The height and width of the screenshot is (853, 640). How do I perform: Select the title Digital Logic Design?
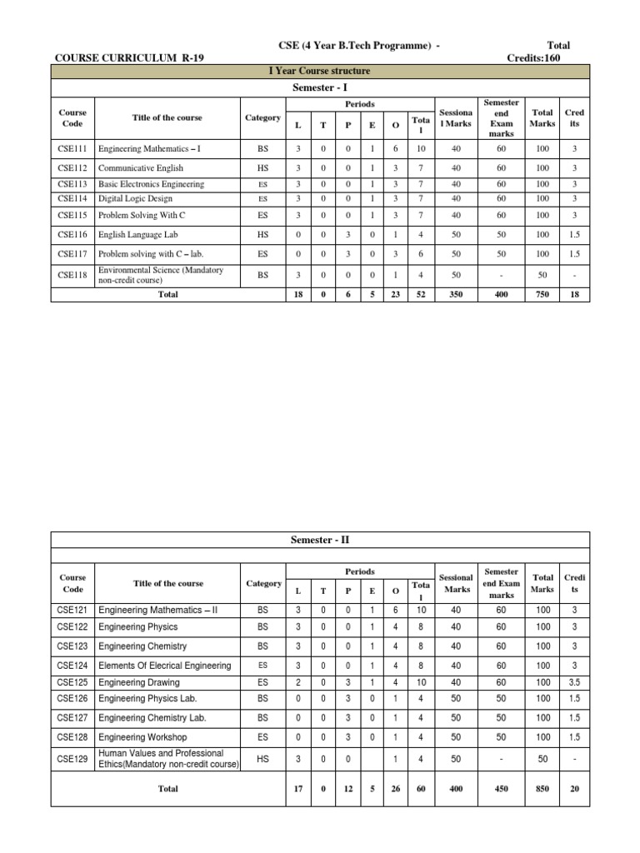tap(127, 198)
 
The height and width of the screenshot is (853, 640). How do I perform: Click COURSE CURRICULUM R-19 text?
tap(129, 57)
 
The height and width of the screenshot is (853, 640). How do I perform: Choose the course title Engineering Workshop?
tap(142, 737)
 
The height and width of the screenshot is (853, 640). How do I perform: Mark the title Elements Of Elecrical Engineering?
tap(164, 666)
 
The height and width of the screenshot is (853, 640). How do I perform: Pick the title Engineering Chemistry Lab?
tap(152, 717)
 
